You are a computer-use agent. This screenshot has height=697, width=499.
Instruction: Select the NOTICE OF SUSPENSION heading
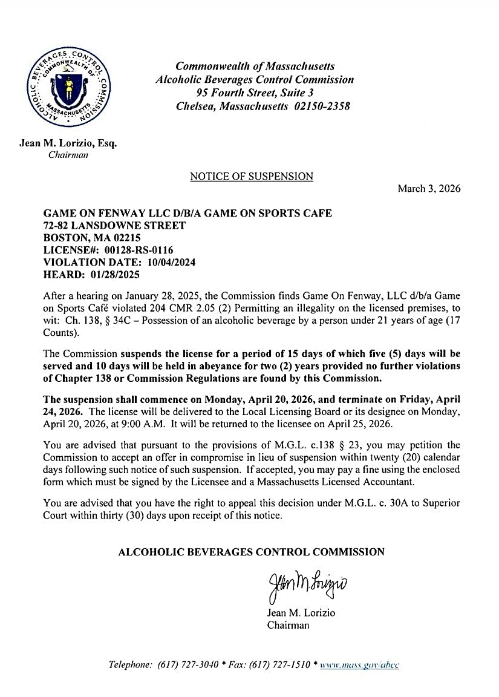(x=252, y=177)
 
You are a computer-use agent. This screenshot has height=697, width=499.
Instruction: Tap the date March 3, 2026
(x=429, y=189)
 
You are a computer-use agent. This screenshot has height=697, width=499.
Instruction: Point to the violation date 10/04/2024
(x=168, y=262)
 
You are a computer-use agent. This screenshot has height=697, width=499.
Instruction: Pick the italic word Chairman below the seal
(x=68, y=155)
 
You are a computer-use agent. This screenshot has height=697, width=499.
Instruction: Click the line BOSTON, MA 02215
(x=86, y=238)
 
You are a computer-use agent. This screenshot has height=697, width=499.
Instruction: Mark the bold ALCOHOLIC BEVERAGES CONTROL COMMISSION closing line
(x=251, y=552)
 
